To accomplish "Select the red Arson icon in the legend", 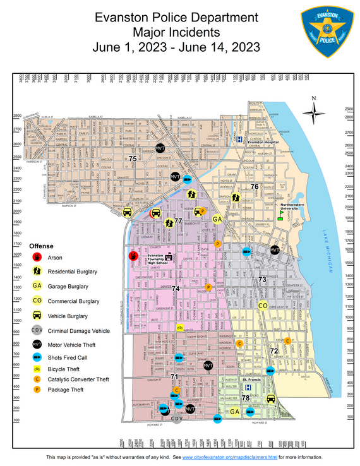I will pos(37,258).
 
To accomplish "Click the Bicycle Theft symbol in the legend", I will pos(37,369).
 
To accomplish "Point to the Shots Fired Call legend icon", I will pos(37,357).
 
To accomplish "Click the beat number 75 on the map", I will pos(133,159).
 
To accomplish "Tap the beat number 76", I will pos(255,186).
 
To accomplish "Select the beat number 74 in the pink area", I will pos(176,289).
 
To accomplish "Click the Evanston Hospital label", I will pos(263,143).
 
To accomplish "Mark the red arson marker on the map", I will pos(133,256).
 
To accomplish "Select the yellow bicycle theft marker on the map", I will pos(179,328).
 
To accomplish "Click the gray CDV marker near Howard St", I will pos(177,418).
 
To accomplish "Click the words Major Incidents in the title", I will pos(176,32).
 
